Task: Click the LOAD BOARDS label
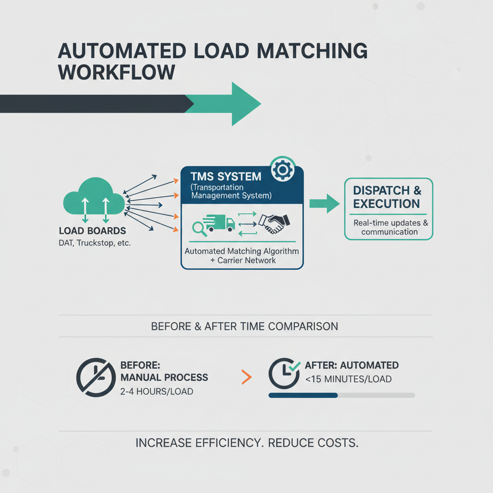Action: pos(92,231)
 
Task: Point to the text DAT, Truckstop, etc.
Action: pos(95,243)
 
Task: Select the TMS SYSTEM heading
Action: pos(226,176)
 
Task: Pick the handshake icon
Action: pos(274,223)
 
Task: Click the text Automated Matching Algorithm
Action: pos(242,251)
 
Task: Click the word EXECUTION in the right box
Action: pos(386,204)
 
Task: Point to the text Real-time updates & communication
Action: pos(389,227)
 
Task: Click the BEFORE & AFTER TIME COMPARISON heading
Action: pos(245,326)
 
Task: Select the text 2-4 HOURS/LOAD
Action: pos(157,391)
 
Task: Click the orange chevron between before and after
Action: pos(246,377)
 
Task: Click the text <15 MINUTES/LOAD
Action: pos(348,379)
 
